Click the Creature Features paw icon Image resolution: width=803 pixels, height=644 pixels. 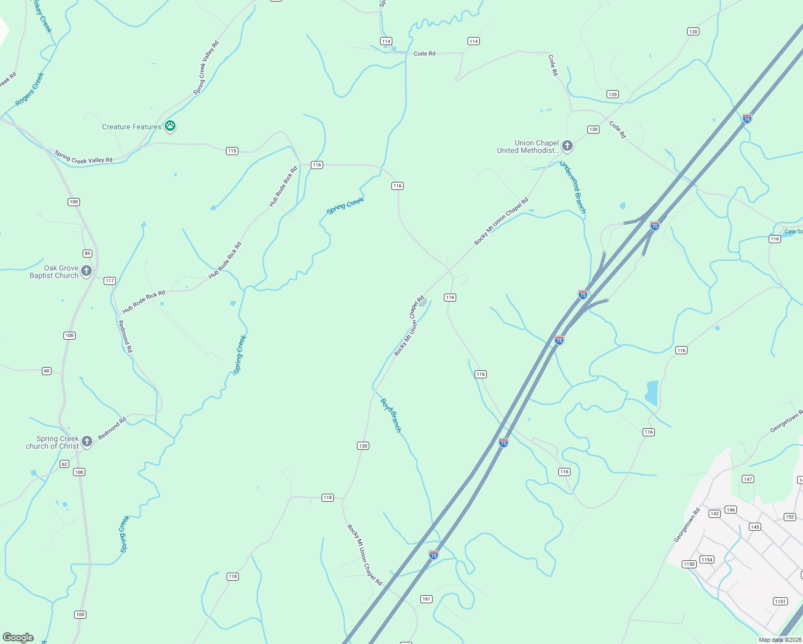[x=170, y=126]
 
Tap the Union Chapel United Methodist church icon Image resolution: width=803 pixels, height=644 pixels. [x=567, y=146]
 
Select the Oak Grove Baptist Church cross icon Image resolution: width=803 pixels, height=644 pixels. [x=86, y=271]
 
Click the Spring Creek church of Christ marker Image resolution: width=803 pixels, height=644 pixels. [x=87, y=442]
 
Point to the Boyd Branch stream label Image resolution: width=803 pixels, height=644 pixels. [x=391, y=415]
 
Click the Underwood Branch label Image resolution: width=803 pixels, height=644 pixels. [x=573, y=187]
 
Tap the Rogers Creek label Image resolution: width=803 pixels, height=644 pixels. [x=30, y=90]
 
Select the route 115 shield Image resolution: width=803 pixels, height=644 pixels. [x=232, y=151]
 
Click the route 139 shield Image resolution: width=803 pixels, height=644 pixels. [x=612, y=94]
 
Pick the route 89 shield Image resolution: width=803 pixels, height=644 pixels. [x=87, y=253]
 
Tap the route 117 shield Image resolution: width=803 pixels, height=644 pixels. [x=109, y=281]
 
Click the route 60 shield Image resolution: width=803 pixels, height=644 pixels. [x=47, y=371]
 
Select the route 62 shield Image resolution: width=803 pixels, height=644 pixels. [x=64, y=464]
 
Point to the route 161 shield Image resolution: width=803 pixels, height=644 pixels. [x=426, y=599]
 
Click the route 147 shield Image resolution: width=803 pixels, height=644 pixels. [x=748, y=479]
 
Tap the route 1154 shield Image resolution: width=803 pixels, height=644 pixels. [x=707, y=560]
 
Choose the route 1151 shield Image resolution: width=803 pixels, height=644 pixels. [x=780, y=601]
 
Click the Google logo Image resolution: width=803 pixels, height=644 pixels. [x=18, y=638]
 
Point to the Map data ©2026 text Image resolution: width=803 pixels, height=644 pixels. [x=780, y=640]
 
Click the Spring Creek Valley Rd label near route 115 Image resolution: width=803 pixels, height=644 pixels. [x=83, y=157]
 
